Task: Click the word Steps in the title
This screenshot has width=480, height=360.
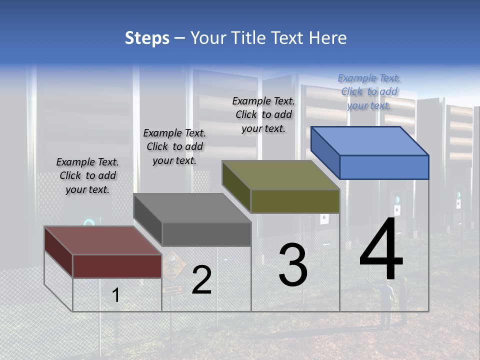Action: (147, 38)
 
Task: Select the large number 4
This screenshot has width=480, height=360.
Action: (381, 250)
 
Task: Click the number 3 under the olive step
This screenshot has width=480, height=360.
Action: (292, 265)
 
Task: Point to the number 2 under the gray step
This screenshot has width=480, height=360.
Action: (201, 280)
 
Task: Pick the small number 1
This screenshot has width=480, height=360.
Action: (116, 295)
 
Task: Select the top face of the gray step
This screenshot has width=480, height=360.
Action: (192, 208)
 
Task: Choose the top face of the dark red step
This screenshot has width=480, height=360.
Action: (103, 240)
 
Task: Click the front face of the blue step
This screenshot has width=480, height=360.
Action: (384, 167)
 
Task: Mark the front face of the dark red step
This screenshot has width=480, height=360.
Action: (117, 266)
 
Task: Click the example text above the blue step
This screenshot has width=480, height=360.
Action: (369, 91)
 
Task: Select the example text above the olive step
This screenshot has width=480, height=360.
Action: (263, 114)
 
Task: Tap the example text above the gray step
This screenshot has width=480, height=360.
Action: (174, 146)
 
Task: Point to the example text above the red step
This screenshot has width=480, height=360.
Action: (87, 175)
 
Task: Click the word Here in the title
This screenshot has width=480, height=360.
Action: (328, 38)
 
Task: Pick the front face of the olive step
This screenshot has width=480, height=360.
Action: (295, 201)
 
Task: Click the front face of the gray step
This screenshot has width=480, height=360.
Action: (206, 234)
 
